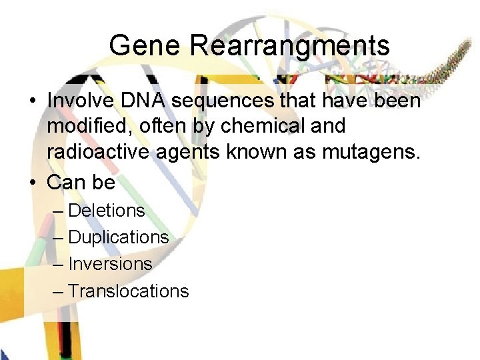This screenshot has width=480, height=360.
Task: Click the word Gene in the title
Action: tap(145, 45)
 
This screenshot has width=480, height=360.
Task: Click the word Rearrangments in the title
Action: tap(289, 45)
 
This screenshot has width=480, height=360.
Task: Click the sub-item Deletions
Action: tap(107, 211)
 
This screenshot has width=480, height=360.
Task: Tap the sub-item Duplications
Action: tap(119, 237)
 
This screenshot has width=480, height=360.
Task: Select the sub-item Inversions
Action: tap(110, 264)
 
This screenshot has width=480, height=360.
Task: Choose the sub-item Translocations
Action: tap(129, 291)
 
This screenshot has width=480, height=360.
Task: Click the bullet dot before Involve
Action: tap(32, 102)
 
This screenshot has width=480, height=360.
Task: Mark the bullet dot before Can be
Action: tap(32, 183)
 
